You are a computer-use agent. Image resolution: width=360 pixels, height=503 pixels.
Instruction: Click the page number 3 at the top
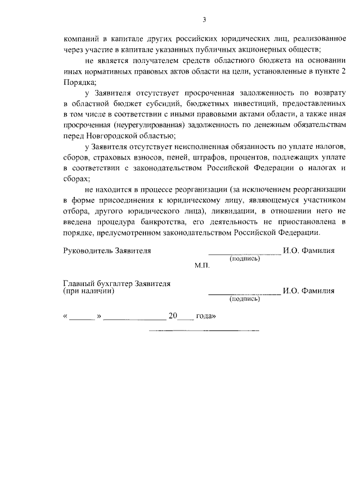(x=205, y=21)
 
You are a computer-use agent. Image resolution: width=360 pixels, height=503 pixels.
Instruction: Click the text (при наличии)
(x=89, y=291)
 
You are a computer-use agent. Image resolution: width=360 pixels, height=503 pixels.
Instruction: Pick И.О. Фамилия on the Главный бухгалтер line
(x=309, y=291)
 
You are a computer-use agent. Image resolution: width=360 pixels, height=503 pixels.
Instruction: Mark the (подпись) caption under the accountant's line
(x=244, y=299)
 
